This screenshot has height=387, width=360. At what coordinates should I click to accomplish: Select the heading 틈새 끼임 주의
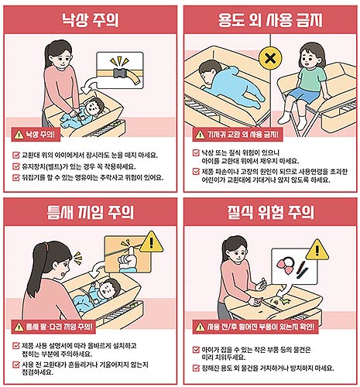[x=91, y=211]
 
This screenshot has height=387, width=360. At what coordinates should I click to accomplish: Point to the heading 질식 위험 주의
[x=269, y=211]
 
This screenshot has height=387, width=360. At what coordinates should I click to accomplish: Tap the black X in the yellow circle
[x=270, y=58]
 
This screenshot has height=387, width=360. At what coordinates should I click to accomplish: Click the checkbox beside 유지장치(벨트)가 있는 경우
[x=17, y=165]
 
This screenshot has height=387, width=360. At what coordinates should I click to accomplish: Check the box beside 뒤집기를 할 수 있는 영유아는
[x=17, y=177]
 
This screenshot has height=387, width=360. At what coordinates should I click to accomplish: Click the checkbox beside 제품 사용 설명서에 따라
[x=17, y=344]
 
